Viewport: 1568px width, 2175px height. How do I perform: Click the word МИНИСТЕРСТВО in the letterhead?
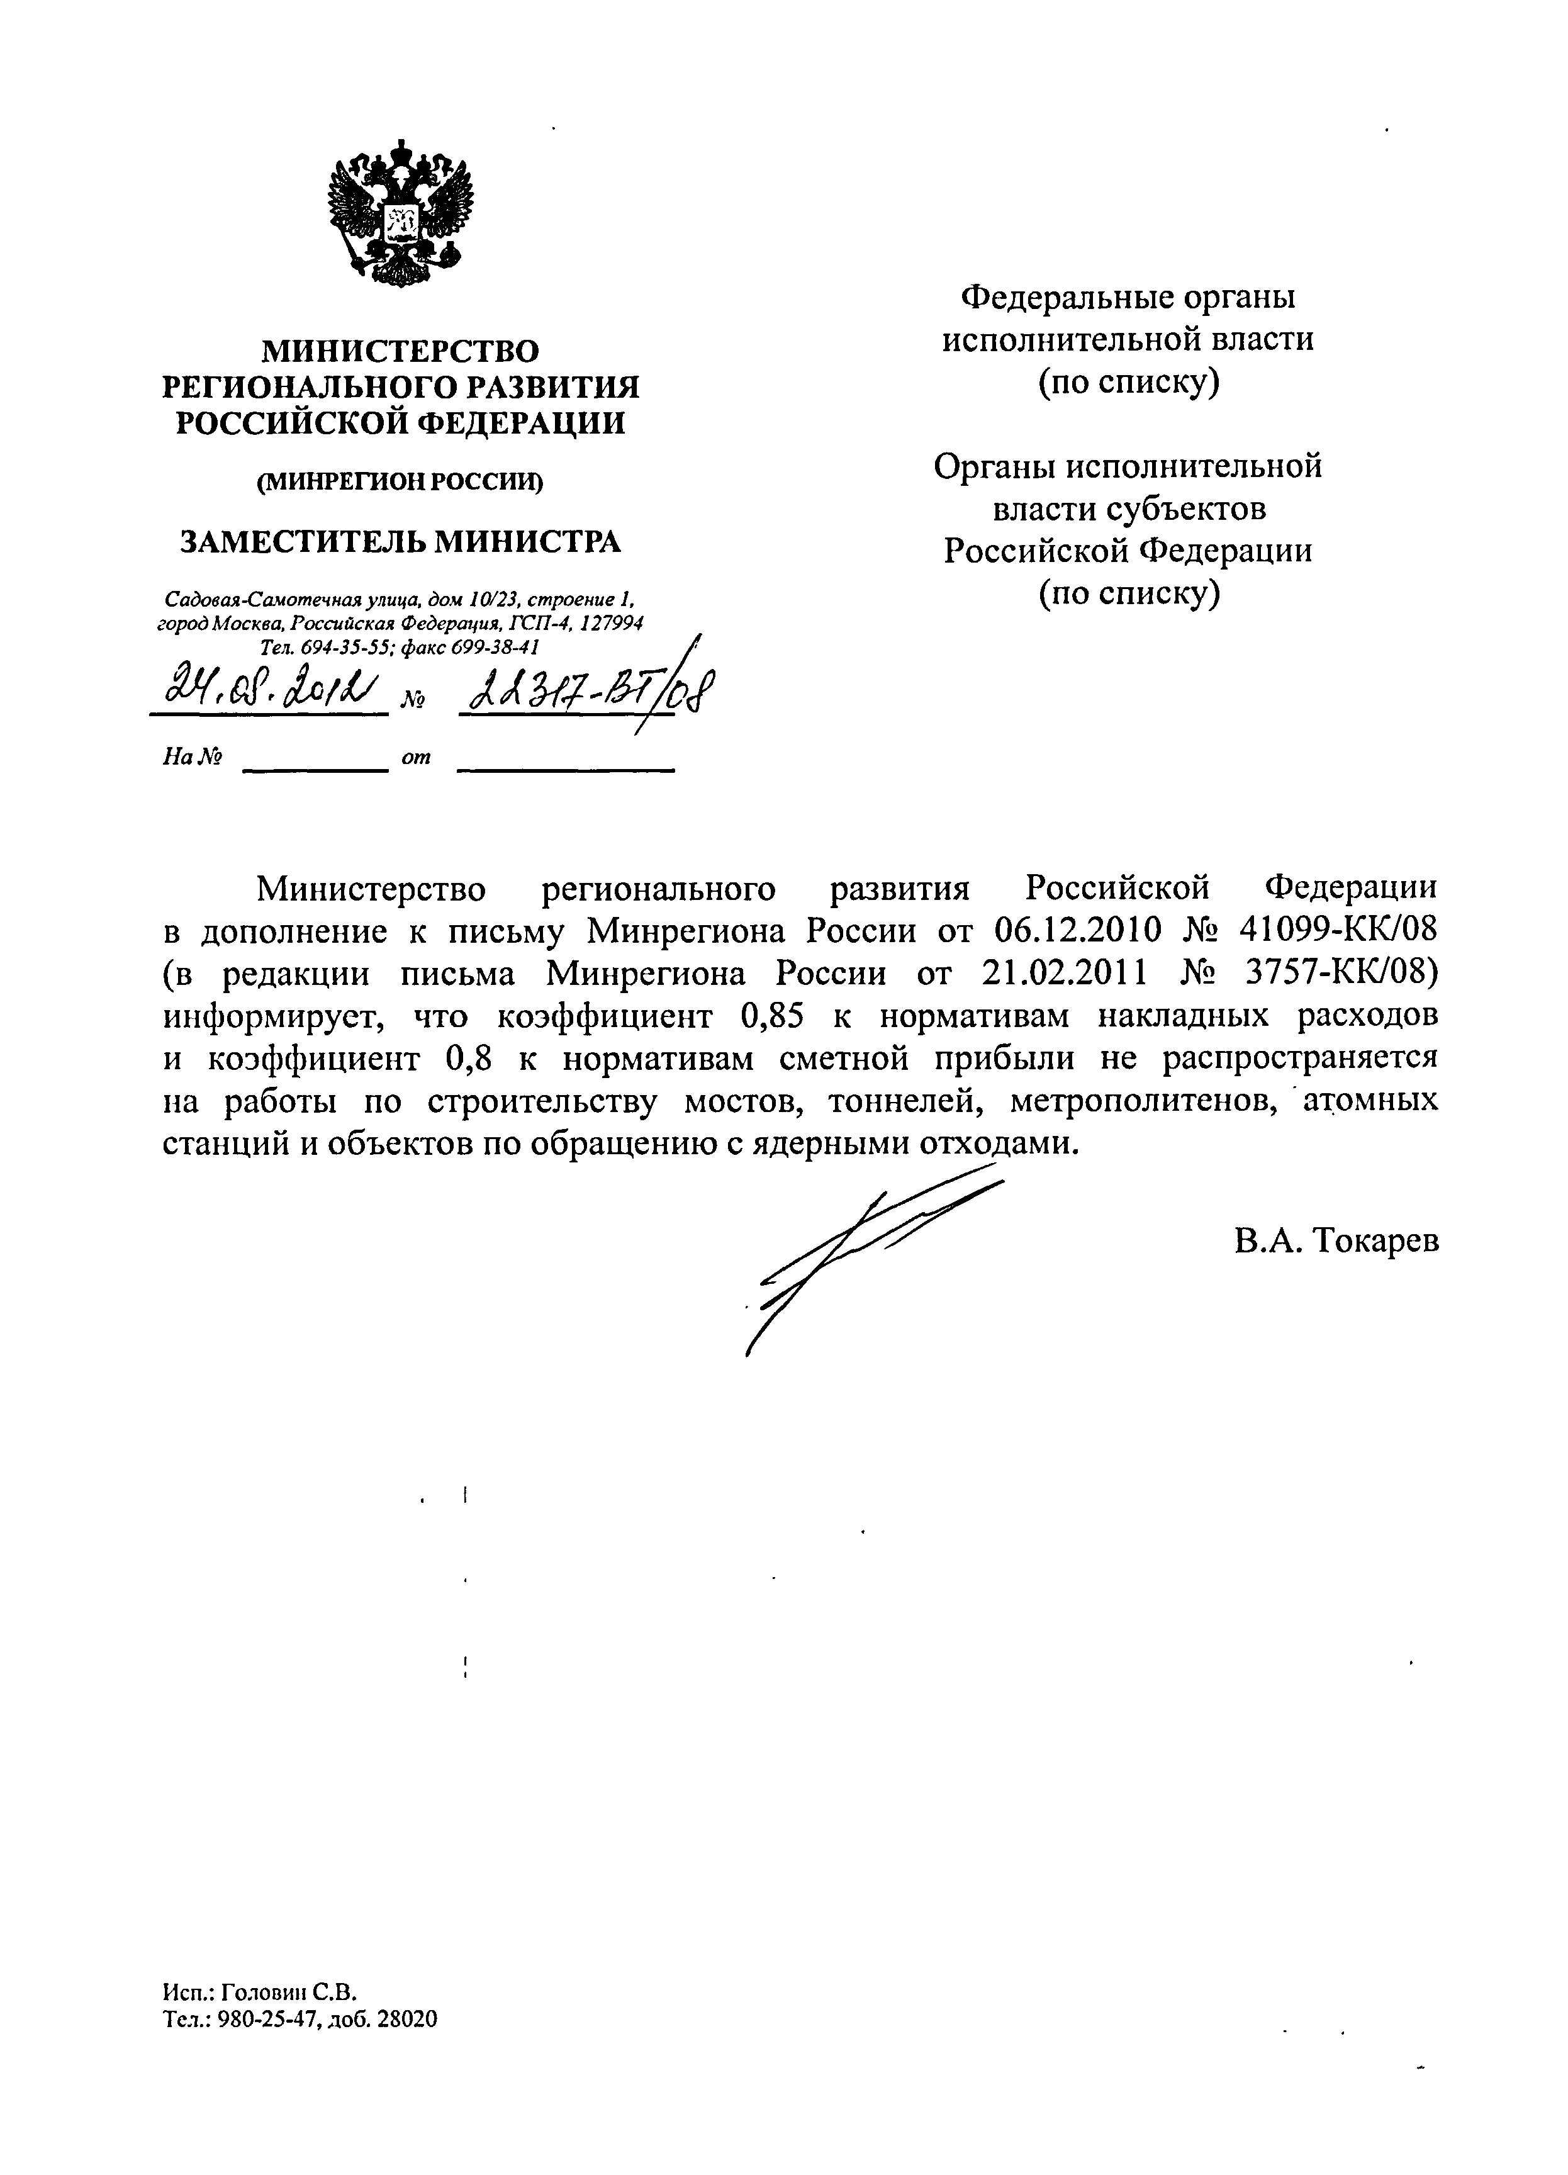click(401, 351)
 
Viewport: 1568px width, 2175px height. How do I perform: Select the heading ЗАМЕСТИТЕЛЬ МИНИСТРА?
click(401, 542)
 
